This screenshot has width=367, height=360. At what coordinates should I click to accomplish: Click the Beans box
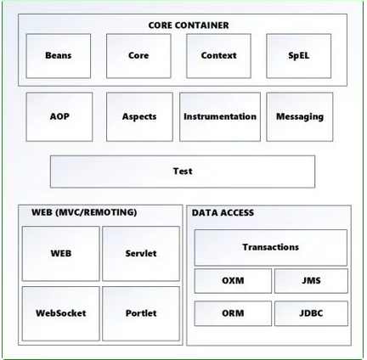click(x=58, y=56)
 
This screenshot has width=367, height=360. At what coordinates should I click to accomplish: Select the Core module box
click(x=138, y=56)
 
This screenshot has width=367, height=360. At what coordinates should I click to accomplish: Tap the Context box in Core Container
click(x=218, y=56)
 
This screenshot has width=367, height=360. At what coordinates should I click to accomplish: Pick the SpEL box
click(x=298, y=56)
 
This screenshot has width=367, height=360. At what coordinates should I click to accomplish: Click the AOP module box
click(x=59, y=117)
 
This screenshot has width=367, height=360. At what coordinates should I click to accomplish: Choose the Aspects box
click(x=138, y=117)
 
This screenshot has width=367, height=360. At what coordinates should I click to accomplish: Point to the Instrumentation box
click(x=220, y=117)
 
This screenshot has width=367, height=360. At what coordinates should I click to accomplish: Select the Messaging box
click(x=299, y=117)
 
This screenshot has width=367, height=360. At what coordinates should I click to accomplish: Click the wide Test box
click(x=182, y=172)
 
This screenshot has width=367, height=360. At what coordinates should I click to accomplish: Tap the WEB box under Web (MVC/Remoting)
click(x=60, y=253)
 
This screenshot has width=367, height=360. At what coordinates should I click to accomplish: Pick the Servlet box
click(x=141, y=253)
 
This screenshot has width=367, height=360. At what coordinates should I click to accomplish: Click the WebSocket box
click(x=60, y=313)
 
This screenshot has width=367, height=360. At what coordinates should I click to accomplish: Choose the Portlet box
click(x=141, y=313)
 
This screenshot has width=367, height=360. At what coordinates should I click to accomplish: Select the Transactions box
click(x=270, y=247)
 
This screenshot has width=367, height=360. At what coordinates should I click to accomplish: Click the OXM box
click(x=233, y=281)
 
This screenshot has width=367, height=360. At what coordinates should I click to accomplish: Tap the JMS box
click(x=311, y=281)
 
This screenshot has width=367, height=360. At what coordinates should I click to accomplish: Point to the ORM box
click(x=233, y=313)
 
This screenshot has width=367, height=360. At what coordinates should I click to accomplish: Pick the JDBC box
click(x=311, y=313)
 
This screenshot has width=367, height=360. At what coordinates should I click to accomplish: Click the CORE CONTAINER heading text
click(x=189, y=25)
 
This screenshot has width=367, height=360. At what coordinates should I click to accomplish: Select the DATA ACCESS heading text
click(x=223, y=213)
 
